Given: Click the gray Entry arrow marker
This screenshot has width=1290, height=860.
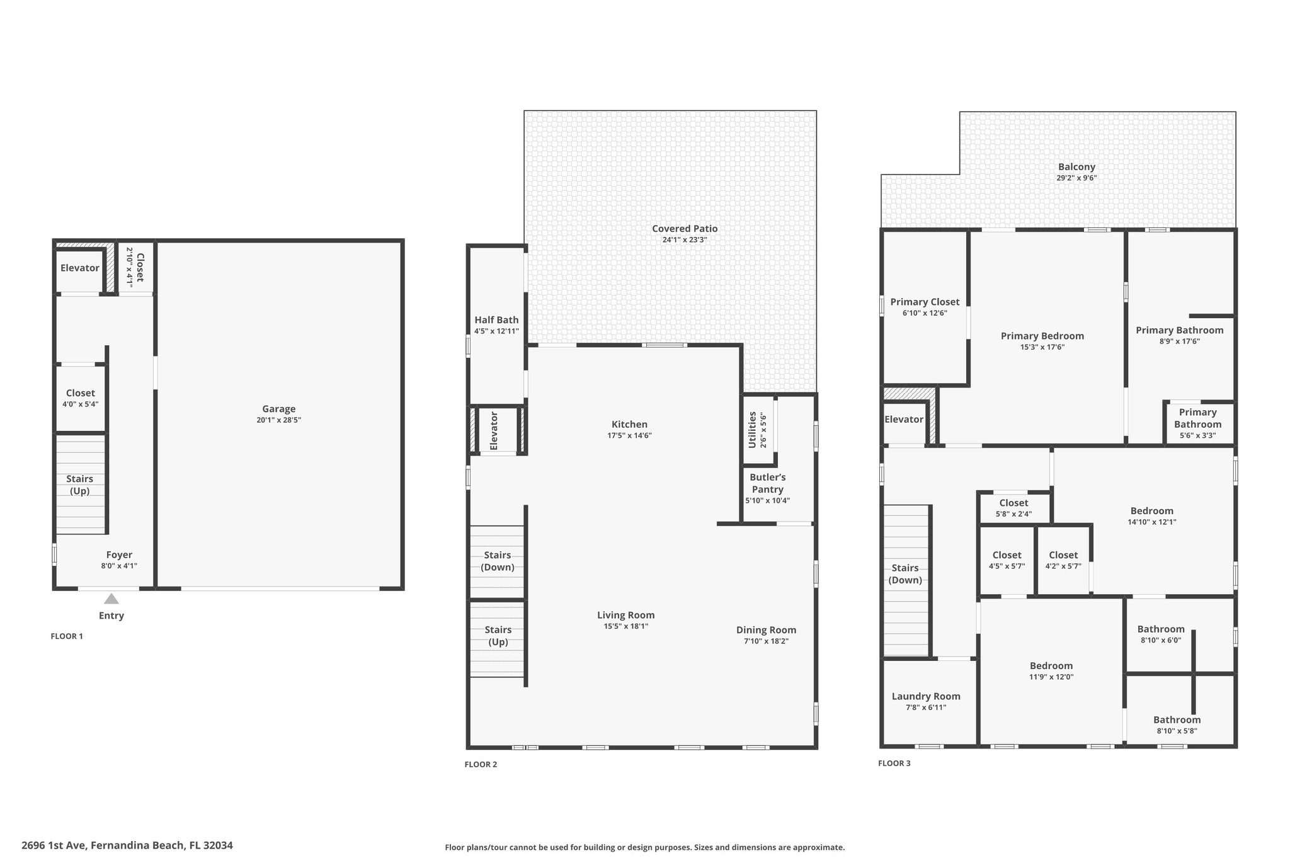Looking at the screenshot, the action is [111, 599].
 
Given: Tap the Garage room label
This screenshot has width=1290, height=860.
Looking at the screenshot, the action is [279, 409].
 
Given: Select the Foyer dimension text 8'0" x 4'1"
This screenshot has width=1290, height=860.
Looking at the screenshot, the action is [119, 566].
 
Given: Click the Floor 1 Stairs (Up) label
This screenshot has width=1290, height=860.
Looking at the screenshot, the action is [80, 484].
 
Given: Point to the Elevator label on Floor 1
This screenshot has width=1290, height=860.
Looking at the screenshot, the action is [80, 268].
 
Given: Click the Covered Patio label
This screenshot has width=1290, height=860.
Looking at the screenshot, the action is [685, 229].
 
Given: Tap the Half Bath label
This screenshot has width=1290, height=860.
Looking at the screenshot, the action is [497, 319].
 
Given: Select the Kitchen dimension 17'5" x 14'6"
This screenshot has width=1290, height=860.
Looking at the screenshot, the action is [629, 435].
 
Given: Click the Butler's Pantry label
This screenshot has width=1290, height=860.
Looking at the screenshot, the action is [767, 483].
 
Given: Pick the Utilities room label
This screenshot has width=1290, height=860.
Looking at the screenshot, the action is [752, 430].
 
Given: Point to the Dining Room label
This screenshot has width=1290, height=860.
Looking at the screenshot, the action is [766, 630].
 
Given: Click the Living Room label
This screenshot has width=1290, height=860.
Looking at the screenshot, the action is [626, 615].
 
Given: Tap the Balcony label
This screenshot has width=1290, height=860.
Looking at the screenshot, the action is [1076, 167].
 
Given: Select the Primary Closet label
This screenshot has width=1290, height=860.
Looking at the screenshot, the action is [925, 302].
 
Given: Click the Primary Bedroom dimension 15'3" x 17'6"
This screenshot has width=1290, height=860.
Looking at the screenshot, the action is [1042, 347].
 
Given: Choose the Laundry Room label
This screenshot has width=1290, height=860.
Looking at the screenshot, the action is [926, 696].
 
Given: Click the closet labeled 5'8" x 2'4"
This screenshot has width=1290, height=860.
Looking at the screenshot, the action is [1013, 508].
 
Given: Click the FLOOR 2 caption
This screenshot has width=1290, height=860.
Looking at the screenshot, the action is [481, 764].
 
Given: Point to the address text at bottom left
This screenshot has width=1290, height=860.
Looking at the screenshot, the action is [127, 846].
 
